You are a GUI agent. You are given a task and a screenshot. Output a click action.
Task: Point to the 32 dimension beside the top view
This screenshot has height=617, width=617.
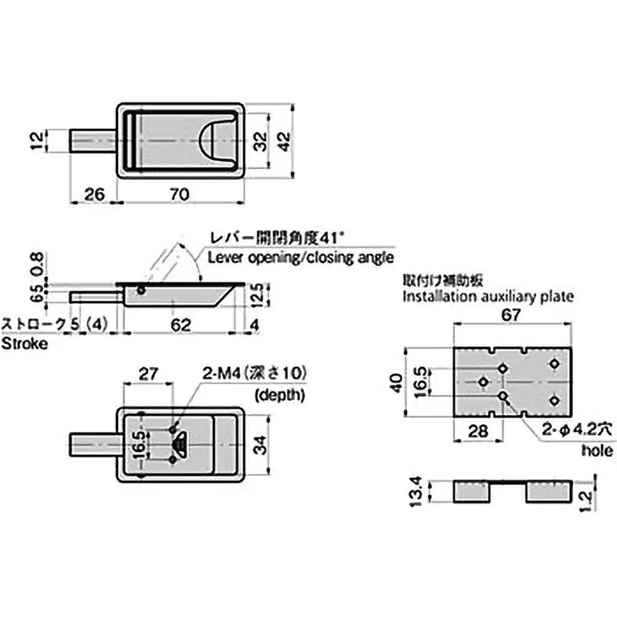[261, 140]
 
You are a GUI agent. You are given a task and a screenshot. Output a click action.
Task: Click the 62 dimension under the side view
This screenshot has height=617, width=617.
[179, 325]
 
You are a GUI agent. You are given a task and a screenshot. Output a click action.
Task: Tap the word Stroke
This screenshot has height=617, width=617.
[24, 343]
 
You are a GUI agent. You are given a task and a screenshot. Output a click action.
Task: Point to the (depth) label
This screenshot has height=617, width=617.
[279, 395]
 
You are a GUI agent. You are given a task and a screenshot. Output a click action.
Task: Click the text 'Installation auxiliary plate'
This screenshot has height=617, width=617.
[487, 296]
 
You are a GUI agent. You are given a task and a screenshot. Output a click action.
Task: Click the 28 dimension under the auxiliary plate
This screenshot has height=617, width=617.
[478, 430]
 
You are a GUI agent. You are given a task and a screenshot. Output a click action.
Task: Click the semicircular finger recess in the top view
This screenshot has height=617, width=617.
[216, 140]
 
